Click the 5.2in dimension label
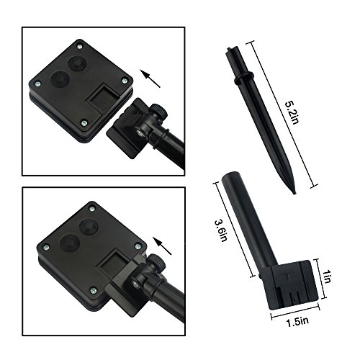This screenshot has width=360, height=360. point(292,112)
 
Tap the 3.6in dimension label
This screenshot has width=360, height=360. point(221,230)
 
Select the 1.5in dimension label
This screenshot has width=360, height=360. point(297,322)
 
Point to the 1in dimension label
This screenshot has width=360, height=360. point(327,276)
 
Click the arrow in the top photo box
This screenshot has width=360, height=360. point(150,78)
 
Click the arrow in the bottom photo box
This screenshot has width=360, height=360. point(163,246)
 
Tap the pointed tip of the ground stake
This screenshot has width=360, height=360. point(294,193)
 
